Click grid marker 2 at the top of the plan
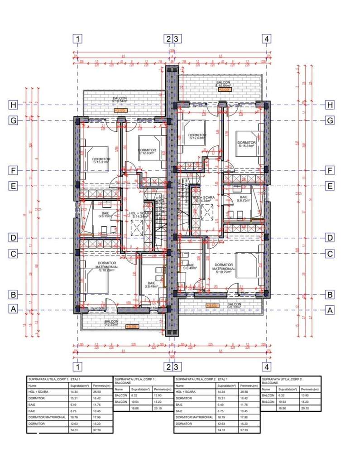(x=168, y=39)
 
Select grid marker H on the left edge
(x=14, y=105)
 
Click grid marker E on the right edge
(x=330, y=186)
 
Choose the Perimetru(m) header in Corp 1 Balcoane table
(x=162, y=389)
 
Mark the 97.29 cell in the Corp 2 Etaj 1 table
(x=245, y=429)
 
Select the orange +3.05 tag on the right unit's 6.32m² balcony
(x=212, y=307)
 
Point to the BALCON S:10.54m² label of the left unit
(x=120, y=100)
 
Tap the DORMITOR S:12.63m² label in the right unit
(x=198, y=136)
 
